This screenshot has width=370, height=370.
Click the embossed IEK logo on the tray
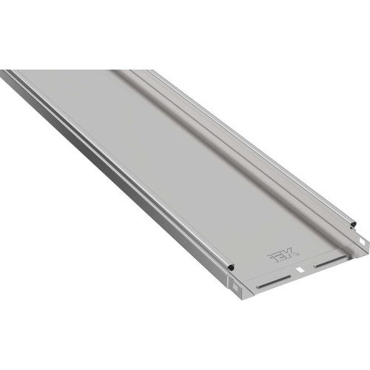tap(283, 255)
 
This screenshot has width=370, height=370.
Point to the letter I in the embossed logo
tap(272, 258)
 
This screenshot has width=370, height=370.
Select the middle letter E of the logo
tap(280, 255)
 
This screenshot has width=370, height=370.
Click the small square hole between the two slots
tap(300, 270)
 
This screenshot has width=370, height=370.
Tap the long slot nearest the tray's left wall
tap(274, 281)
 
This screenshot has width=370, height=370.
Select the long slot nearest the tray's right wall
tap(331, 261)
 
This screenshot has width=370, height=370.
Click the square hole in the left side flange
tap(235, 287)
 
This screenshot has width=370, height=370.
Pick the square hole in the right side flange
tap(363, 240)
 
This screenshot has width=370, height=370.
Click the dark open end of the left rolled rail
tap(231, 267)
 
